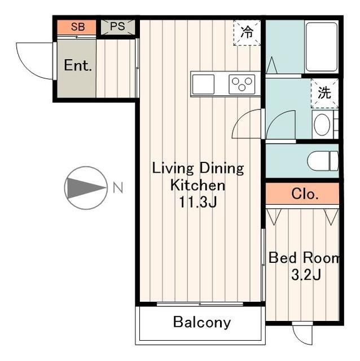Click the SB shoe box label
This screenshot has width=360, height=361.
pos(78,27)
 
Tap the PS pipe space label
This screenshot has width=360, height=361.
pos(117,27)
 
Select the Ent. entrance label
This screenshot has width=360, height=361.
pos(78,65)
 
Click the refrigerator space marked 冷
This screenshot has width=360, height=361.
pos(247,32)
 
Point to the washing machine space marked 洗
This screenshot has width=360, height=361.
pos(324,93)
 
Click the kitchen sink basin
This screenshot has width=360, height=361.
pos(203,84)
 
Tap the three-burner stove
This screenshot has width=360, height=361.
pos(242,84)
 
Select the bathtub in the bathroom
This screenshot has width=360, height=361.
pos(322,47)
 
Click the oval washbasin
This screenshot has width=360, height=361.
pos(322,125)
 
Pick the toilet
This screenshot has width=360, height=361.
pos(323,161)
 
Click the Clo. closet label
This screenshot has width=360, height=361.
pos(305,194)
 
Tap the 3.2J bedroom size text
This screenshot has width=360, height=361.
pos(306,275)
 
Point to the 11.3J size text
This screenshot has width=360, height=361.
pos(198,202)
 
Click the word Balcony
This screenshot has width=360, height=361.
pos(202,322)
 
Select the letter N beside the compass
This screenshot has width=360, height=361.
pos(118,187)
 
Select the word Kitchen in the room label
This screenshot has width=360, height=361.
pos(197,186)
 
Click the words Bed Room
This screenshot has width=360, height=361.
pos(304,258)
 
